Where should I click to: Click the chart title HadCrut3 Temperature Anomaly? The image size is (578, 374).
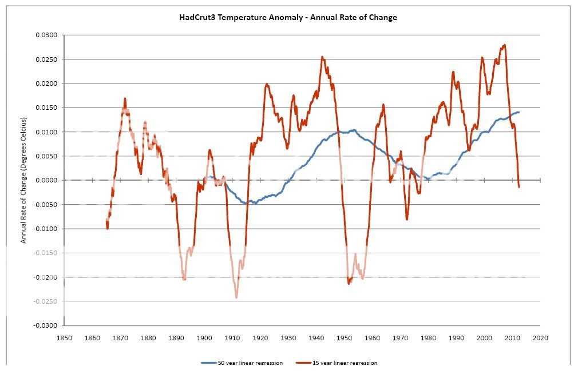tap(288, 17)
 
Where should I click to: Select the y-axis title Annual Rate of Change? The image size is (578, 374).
tap(23, 180)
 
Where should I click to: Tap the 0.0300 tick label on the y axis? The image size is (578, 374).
tap(47, 35)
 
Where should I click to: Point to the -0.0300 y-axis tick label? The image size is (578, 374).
tap(46, 325)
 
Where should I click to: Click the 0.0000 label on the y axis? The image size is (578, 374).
tap(47, 180)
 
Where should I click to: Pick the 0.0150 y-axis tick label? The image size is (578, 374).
tap(47, 108)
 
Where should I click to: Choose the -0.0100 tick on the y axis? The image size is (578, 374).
tap(46, 229)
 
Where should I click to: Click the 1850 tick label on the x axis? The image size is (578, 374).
tap(64, 338)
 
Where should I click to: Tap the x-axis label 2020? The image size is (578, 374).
tap(540, 338)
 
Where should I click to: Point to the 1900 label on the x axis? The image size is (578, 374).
tap(204, 338)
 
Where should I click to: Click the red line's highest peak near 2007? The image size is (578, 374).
tap(504, 45)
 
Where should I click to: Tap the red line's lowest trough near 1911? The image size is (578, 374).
tap(236, 297)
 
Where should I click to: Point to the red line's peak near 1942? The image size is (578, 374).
tap(322, 57)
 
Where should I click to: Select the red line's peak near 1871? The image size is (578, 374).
tap(125, 98)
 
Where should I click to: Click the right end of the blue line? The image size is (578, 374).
tap(519, 112)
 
